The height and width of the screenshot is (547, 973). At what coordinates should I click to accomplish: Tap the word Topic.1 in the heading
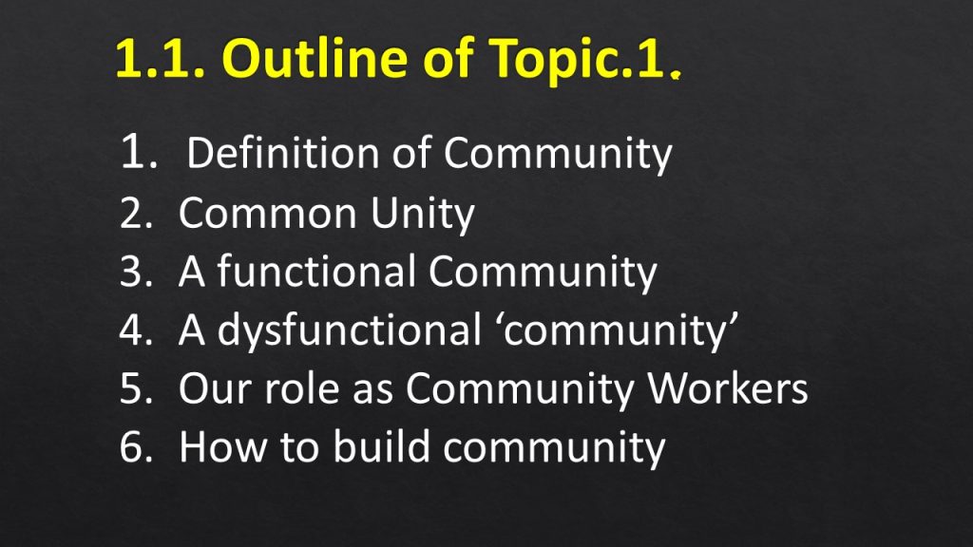pyautogui.click(x=578, y=60)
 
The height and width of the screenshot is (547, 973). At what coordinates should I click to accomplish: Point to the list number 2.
pyautogui.click(x=136, y=213)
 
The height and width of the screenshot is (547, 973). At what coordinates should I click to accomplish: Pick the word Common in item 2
pyautogui.click(x=267, y=213)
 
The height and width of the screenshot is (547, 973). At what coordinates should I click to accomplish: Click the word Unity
pyautogui.click(x=423, y=215)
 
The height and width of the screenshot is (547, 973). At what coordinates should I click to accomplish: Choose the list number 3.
pyautogui.click(x=136, y=272)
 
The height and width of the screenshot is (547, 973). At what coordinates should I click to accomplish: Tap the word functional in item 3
pyautogui.click(x=315, y=271)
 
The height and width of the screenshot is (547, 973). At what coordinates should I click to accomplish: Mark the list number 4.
pyautogui.click(x=136, y=330)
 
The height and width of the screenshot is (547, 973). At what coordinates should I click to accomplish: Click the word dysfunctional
pyautogui.click(x=349, y=330)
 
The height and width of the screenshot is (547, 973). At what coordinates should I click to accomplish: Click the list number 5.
pyautogui.click(x=136, y=388)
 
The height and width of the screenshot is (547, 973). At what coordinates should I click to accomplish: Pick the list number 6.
pyautogui.click(x=136, y=447)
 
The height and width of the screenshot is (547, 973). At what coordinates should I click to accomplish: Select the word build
pyautogui.click(x=382, y=445)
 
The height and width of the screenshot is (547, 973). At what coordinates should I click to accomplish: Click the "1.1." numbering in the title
pyautogui.click(x=160, y=59)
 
